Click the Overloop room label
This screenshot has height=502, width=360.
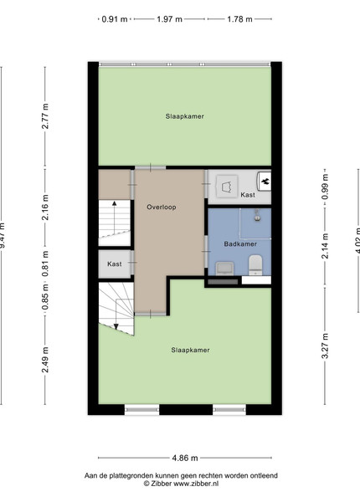162,207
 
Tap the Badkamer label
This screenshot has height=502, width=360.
240,244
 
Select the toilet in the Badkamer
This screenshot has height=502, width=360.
255,265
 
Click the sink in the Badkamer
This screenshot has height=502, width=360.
224,269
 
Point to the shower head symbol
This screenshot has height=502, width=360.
257,216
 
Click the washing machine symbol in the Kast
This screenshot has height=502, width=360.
227,186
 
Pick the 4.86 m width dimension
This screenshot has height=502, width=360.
185,458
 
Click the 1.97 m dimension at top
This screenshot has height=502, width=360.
169,19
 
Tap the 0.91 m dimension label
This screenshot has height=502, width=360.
115,19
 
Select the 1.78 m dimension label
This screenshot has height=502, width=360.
239,19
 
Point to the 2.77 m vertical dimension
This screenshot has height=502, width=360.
45,116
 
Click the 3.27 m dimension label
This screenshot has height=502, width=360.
325,346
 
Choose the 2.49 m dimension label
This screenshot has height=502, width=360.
45,360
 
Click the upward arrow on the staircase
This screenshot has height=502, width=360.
115,217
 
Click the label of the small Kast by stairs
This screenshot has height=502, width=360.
115,264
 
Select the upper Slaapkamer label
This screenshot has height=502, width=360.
185,116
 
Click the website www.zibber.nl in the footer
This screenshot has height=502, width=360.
196,484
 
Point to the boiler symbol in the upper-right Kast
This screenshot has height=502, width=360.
265,182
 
